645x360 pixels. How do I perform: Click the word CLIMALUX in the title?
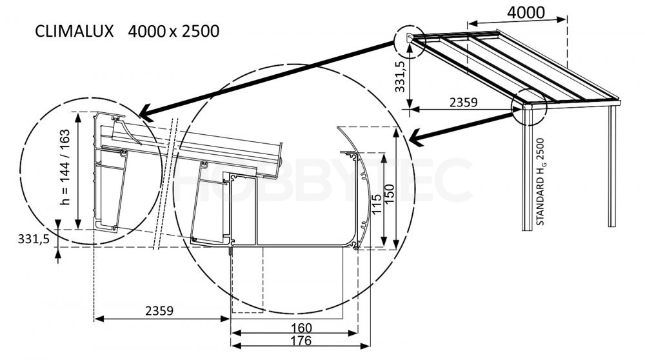[74, 31]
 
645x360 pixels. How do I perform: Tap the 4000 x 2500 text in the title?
[174, 31]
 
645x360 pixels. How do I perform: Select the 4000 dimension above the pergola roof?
[526, 13]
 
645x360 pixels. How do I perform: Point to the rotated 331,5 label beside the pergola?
[401, 76]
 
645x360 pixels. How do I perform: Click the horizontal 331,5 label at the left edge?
[34, 239]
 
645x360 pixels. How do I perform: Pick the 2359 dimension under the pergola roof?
[463, 102]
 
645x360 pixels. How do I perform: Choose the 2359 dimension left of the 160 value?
[159, 310]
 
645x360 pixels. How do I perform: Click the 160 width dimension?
[301, 328]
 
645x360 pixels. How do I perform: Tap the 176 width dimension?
[301, 341]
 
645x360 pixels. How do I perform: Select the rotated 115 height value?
[377, 205]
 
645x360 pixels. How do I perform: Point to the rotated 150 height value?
[389, 194]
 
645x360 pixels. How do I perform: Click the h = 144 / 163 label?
[65, 167]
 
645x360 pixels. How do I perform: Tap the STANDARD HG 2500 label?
[541, 181]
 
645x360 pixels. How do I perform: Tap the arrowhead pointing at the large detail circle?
[415, 137]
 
